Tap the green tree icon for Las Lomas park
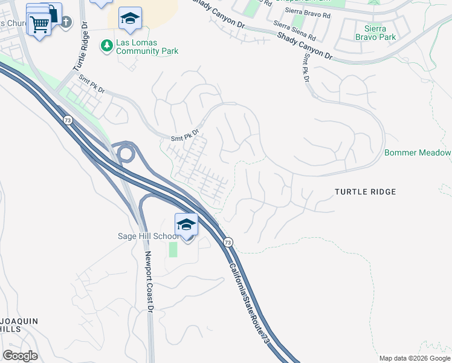(107, 45)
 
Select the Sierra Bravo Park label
(381, 33)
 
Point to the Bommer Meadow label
(418, 152)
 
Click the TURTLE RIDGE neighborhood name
(366, 192)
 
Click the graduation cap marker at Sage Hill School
(187, 225)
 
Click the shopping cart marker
(39, 25)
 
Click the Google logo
(20, 355)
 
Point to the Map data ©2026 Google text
(415, 358)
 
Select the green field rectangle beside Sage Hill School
(173, 249)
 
